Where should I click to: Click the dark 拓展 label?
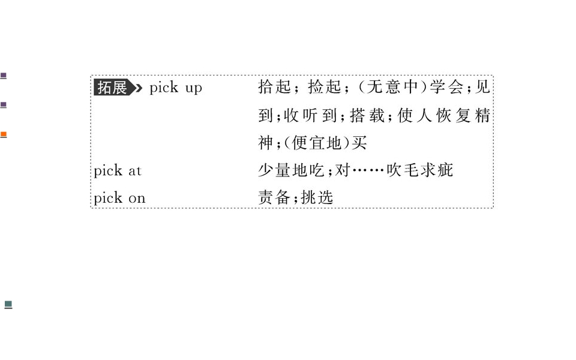[x=113, y=88]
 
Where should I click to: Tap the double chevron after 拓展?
[x=138, y=88]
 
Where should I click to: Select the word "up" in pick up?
[x=194, y=89]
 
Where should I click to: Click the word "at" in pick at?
[x=135, y=171]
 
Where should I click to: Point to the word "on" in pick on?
[x=137, y=199]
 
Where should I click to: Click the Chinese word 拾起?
[x=274, y=87]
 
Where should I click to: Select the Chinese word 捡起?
[x=325, y=87]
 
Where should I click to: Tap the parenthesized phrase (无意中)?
[x=392, y=87]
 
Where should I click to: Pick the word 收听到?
[x=310, y=115]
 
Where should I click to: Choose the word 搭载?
[x=367, y=115]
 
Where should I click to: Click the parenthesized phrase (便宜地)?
[x=317, y=143]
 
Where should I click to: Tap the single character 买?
[x=359, y=143]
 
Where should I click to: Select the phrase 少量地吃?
[x=291, y=170]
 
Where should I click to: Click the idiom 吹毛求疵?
[x=420, y=170]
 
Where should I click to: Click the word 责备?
[x=274, y=197]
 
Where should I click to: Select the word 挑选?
[x=317, y=197]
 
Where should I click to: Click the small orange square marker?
[x=4, y=135]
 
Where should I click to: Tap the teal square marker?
[x=8, y=305]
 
